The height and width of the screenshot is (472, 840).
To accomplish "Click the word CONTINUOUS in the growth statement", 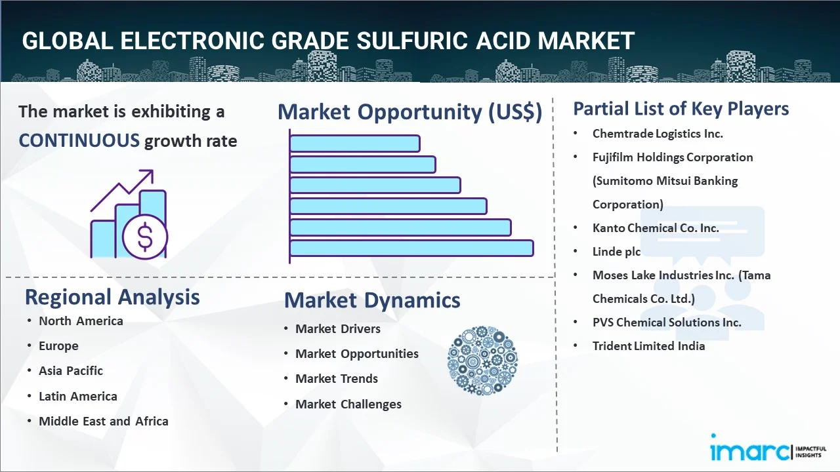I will coord(79,140).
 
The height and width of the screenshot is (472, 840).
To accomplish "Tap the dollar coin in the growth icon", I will coord(145,238).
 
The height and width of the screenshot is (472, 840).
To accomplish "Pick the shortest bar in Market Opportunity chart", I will coord(354,143).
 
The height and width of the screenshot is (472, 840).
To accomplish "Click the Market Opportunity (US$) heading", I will coord(409,112).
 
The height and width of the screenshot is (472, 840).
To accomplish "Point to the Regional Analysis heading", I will coord(112,297).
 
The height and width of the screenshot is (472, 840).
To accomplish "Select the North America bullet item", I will coord(81,321).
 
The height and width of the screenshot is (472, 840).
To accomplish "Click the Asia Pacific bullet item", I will coord(71,370).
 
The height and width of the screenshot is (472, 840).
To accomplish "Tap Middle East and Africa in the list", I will coord(103,421).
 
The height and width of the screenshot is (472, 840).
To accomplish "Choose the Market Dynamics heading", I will coord(372,300).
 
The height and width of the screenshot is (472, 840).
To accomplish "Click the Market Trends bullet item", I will coord(337,378).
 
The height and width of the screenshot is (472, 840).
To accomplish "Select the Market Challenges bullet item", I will coord(348,404).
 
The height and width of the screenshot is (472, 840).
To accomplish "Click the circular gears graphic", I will coord(482,361).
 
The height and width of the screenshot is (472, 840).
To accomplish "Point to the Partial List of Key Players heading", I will coord(681,108).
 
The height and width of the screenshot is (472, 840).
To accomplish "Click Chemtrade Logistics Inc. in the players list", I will coord(658,133).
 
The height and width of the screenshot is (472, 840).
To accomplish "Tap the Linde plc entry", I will coord(616,251).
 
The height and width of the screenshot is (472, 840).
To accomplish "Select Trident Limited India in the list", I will coord(648,345).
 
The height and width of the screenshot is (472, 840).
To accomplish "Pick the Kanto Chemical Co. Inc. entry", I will coord(656,227).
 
